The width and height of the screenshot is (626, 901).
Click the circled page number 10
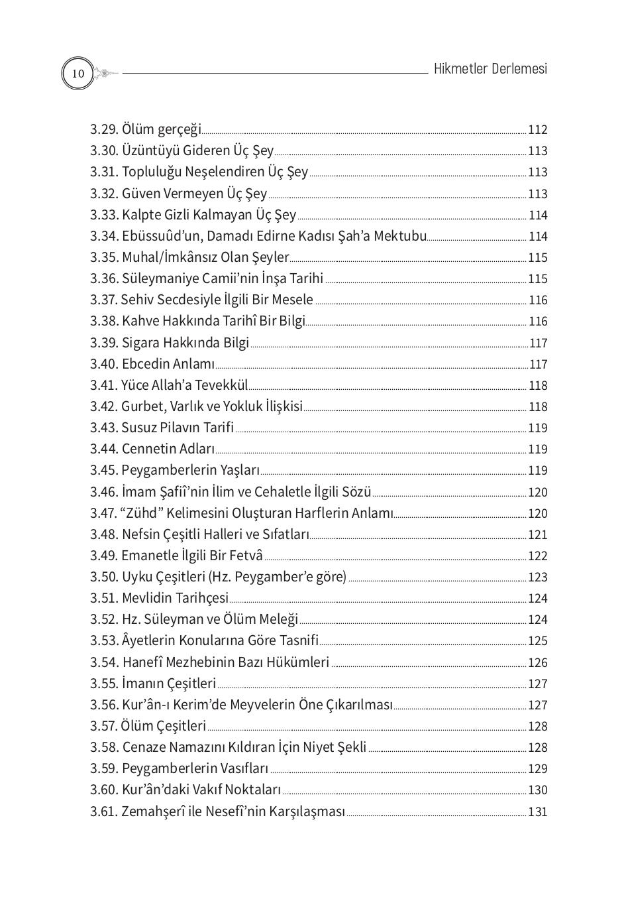tap(78, 73)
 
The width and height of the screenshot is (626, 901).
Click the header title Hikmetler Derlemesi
tap(490, 69)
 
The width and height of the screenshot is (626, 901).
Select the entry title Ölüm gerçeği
tap(161, 130)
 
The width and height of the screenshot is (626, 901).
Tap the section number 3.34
tap(104, 236)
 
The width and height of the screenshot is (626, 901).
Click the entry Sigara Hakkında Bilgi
tap(185, 343)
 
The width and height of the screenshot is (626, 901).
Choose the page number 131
tap(537, 811)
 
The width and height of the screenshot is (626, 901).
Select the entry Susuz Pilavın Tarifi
tap(177, 428)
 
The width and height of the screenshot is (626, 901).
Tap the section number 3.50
tap(104, 577)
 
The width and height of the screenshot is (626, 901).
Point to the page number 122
tap(537, 556)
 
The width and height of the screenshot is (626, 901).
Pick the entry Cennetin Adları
tap(168, 449)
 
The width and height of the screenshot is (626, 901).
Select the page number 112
tap(537, 130)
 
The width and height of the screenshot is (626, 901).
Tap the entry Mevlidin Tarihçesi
tap(175, 598)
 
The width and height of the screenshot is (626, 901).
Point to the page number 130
tap(537, 790)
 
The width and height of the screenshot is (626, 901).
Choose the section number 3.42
tap(104, 406)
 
